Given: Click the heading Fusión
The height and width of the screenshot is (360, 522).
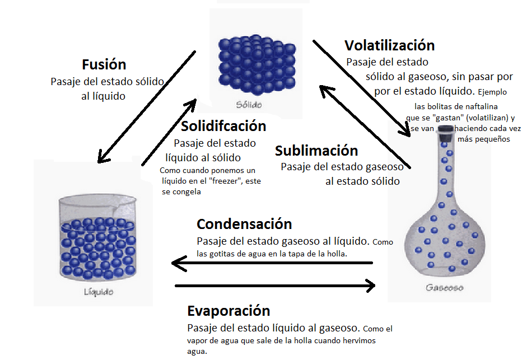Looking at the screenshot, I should [x=104, y=64].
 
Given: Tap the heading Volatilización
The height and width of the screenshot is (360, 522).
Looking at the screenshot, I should [x=389, y=45].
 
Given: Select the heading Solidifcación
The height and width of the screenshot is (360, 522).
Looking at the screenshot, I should [x=223, y=127].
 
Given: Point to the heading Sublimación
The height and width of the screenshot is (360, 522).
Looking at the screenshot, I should [x=316, y=151].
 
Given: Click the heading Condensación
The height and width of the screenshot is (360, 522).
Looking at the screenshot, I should [x=244, y=225].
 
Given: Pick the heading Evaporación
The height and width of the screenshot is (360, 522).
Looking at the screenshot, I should [x=229, y=311].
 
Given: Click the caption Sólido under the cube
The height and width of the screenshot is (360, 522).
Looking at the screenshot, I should [x=249, y=105].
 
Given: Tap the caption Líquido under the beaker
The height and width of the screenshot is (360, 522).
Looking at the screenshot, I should [x=99, y=292].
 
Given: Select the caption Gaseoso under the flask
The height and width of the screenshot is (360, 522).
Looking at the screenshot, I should [x=444, y=288].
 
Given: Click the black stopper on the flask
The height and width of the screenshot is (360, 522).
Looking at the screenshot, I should [x=445, y=130].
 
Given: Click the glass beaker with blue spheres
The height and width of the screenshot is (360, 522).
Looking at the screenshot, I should [x=99, y=238].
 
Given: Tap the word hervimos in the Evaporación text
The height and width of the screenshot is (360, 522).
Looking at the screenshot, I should [x=354, y=341].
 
